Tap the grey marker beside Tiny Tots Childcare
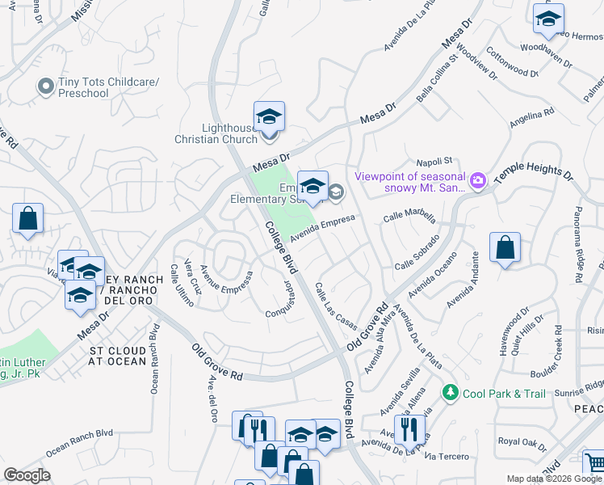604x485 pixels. tap(46, 83)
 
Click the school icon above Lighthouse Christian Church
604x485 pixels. tap(269, 118)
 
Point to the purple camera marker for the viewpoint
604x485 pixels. tap(477, 181)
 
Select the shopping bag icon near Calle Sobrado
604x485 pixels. tap(505, 249)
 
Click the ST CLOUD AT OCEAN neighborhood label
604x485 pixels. tap(118, 356)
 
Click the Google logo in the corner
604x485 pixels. tap(27, 475)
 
